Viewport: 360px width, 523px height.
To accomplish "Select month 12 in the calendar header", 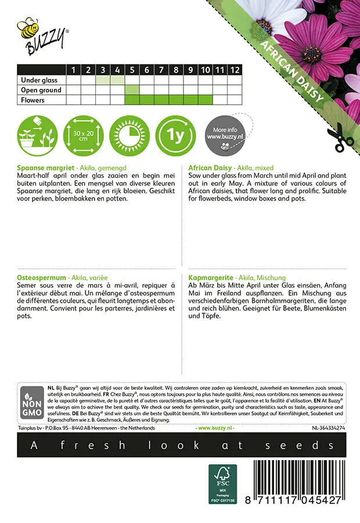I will (234, 70).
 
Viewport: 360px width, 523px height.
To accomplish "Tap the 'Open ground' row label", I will (41, 90).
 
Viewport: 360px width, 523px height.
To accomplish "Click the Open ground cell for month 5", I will (132, 90).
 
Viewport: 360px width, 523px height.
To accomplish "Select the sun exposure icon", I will (129, 135).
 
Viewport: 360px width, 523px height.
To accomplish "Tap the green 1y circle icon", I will (175, 135).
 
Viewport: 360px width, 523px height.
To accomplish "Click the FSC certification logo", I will (223, 483).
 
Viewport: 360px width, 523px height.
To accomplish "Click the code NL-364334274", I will (328, 428).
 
